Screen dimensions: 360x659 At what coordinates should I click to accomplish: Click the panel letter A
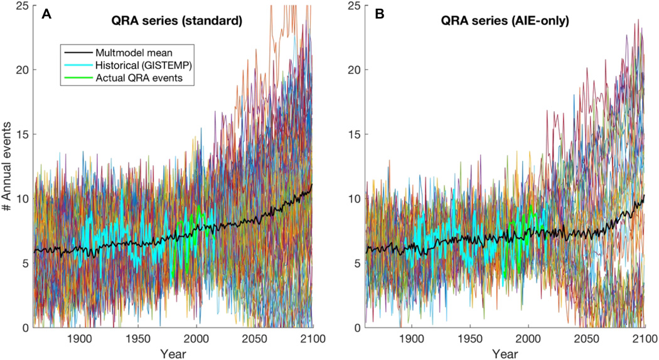pyautogui.click(x=46, y=14)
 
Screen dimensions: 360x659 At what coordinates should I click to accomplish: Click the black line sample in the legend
pyautogui.click(x=74, y=50)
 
